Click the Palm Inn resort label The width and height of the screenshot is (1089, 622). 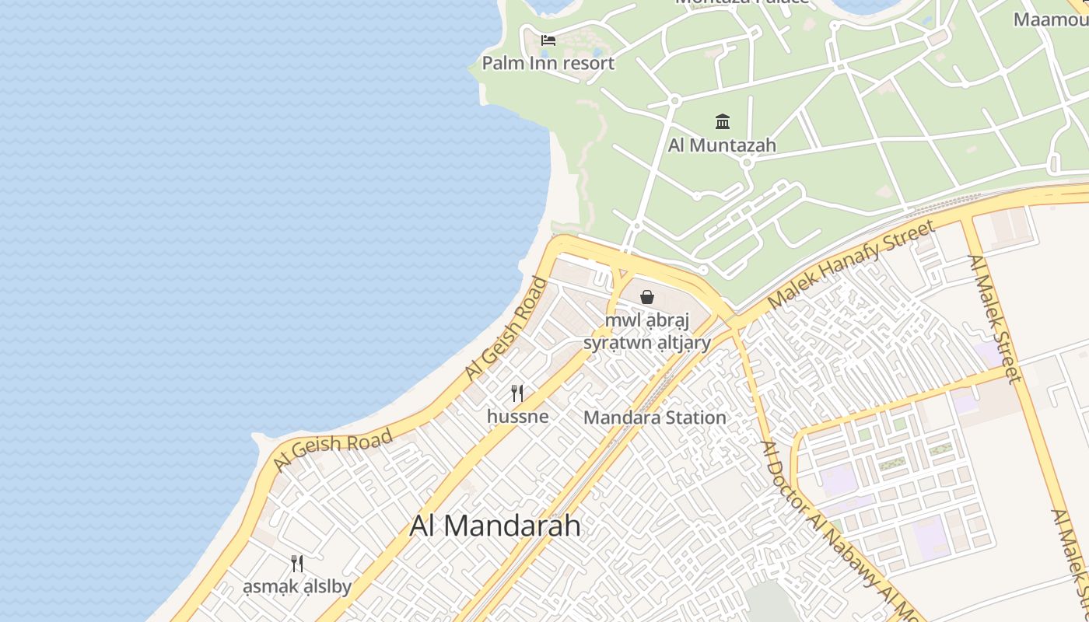tap(548, 63)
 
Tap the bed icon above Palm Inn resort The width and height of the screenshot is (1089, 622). tap(548, 40)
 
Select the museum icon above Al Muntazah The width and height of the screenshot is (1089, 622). tap(722, 121)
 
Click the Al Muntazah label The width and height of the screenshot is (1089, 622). tap(722, 145)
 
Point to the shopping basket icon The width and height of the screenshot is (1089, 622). tap(646, 296)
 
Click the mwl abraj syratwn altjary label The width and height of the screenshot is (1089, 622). tap(647, 332)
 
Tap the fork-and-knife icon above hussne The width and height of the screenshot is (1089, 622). tap(517, 393)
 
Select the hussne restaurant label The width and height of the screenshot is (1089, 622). tap(517, 417)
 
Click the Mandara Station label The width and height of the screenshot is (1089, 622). tap(654, 418)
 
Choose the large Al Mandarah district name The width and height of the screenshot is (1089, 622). tap(495, 526)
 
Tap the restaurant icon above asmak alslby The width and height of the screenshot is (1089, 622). tap(296, 563)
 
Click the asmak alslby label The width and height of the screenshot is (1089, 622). tap(296, 587)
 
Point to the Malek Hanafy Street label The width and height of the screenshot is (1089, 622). tap(849, 264)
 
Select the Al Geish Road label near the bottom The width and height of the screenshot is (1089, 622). tap(333, 452)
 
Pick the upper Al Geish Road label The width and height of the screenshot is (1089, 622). tap(506, 329)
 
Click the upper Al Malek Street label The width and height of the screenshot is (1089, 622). tap(993, 319)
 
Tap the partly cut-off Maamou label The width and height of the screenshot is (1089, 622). tap(1050, 19)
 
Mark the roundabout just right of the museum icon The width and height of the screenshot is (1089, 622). tap(747, 162)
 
